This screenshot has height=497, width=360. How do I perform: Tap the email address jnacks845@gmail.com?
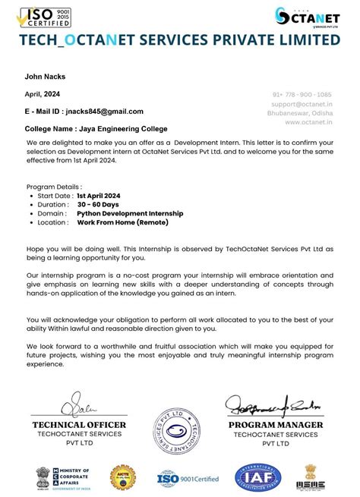point(104,112)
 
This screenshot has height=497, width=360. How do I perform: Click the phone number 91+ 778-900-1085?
point(303,94)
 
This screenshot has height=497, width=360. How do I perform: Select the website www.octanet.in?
point(309,121)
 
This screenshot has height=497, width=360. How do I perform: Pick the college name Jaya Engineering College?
point(122,129)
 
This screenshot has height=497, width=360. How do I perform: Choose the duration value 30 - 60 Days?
point(98,205)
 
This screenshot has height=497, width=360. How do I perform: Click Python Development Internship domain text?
point(129,214)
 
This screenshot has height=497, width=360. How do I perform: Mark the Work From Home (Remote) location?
point(122,223)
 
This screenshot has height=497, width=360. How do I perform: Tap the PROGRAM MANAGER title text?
point(275,425)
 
